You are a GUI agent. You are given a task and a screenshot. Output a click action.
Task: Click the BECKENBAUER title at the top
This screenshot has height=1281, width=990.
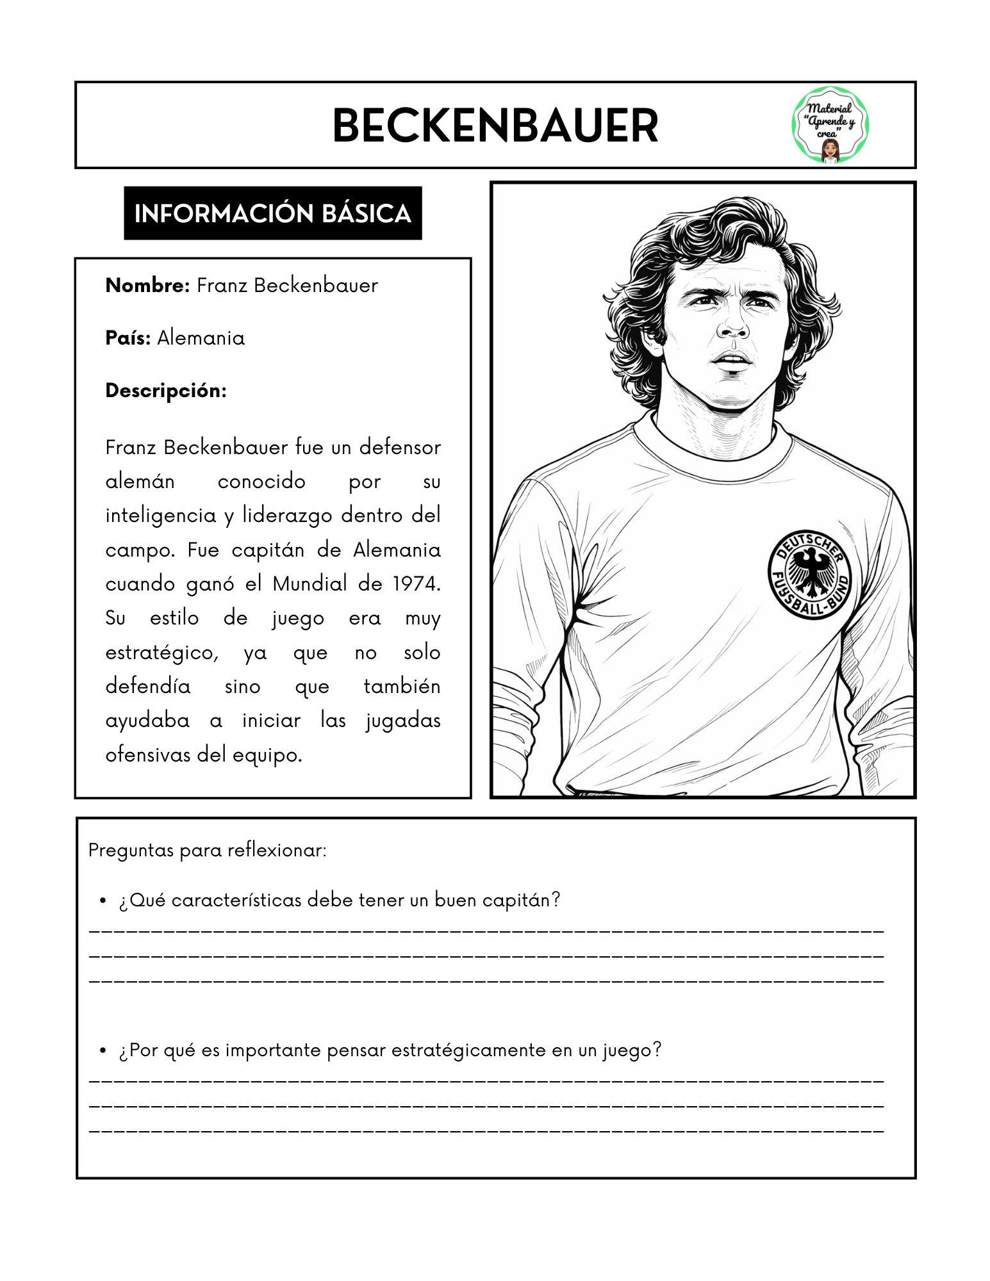[x=495, y=126]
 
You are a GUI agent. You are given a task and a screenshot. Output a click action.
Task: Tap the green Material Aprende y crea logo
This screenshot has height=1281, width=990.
[x=831, y=126]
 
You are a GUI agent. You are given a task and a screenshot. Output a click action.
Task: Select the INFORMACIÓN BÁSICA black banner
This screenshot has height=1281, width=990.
[x=272, y=213]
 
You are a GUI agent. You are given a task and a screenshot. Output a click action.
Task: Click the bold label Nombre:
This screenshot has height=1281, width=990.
[x=147, y=286]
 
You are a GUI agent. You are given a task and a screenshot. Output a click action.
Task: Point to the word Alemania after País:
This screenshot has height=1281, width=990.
[x=201, y=338]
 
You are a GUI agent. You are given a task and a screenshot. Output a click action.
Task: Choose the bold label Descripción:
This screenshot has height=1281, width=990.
[x=166, y=391]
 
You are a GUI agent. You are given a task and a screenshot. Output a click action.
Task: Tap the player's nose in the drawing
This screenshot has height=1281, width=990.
[x=732, y=327]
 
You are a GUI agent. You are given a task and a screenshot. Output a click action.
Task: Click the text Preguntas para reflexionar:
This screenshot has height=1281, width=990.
[x=208, y=851]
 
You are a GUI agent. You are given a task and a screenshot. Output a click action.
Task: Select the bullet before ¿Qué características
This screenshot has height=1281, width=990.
[x=103, y=901]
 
